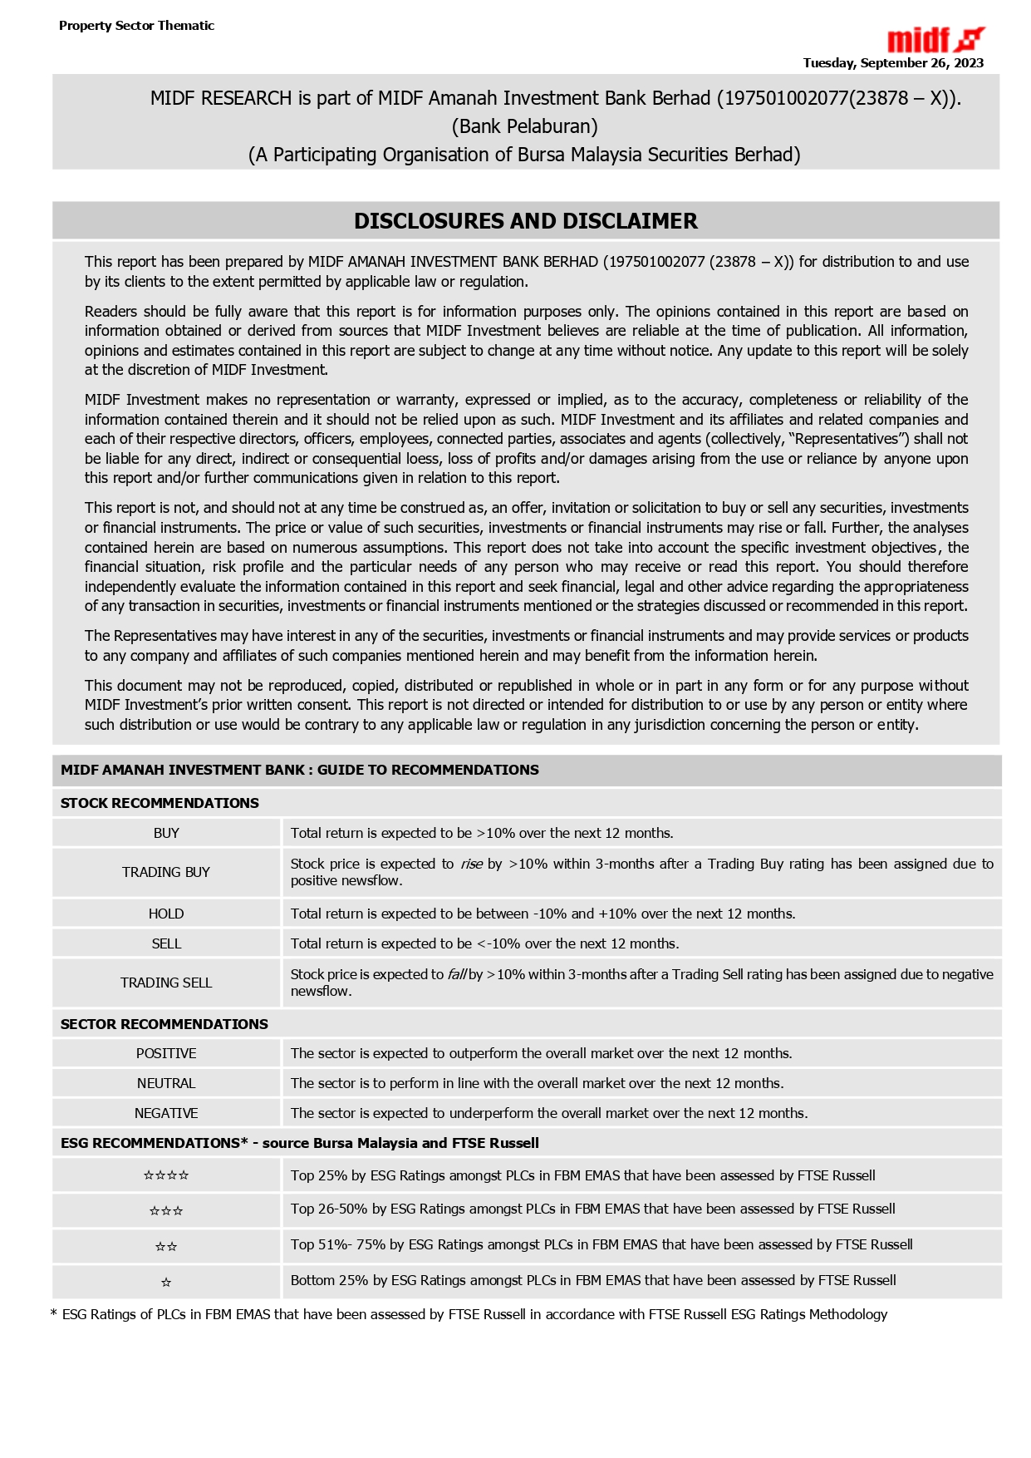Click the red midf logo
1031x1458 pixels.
[935, 40]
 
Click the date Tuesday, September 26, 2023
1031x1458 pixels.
[892, 63]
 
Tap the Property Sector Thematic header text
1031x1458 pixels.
[136, 26]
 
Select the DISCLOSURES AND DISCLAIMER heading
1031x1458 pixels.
[525, 221]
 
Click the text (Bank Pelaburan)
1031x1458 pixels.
[524, 126]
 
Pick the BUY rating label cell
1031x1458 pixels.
[166, 833]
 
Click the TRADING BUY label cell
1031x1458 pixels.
[166, 872]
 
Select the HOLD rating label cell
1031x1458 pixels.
[166, 914]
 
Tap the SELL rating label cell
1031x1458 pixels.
[166, 943]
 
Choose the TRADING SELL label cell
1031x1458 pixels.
[166, 983]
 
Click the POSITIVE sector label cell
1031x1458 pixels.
[166, 1053]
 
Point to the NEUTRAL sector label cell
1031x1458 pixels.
[166, 1083]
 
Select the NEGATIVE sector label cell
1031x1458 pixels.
[166, 1113]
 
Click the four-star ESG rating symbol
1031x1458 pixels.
[166, 1175]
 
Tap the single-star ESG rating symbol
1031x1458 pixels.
[166, 1283]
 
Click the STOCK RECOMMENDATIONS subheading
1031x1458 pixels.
[160, 803]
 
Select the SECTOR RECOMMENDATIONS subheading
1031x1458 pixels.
[164, 1024]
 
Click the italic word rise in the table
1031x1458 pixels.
[471, 864]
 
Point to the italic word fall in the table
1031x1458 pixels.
[456, 974]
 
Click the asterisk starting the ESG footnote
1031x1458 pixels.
[54, 1314]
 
